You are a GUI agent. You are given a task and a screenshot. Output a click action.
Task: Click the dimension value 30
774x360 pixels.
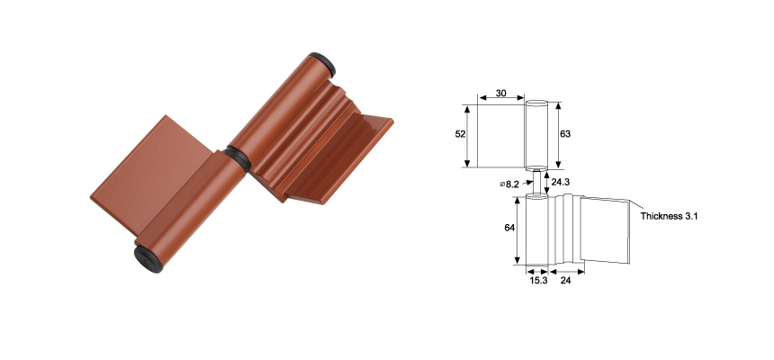point(500,94)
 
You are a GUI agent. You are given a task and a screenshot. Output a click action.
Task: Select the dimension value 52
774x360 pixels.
point(460,134)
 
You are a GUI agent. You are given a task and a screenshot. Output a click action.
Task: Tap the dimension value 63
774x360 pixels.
point(565,134)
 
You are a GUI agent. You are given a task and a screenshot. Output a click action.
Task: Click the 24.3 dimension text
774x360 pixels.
point(561,183)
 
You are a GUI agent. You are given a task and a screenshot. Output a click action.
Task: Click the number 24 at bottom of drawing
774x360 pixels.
point(566,280)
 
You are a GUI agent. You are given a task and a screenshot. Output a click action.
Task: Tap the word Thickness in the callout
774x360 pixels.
point(661,217)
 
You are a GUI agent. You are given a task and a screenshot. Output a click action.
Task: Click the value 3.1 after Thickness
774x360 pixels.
point(691,217)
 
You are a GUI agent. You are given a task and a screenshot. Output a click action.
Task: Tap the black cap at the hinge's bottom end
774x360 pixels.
point(148,258)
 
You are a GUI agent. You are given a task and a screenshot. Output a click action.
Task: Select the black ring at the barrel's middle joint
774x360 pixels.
point(236,156)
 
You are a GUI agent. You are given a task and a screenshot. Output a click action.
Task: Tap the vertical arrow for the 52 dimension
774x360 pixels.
point(468,135)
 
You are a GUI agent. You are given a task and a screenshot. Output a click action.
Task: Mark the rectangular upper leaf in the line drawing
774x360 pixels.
point(500,135)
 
